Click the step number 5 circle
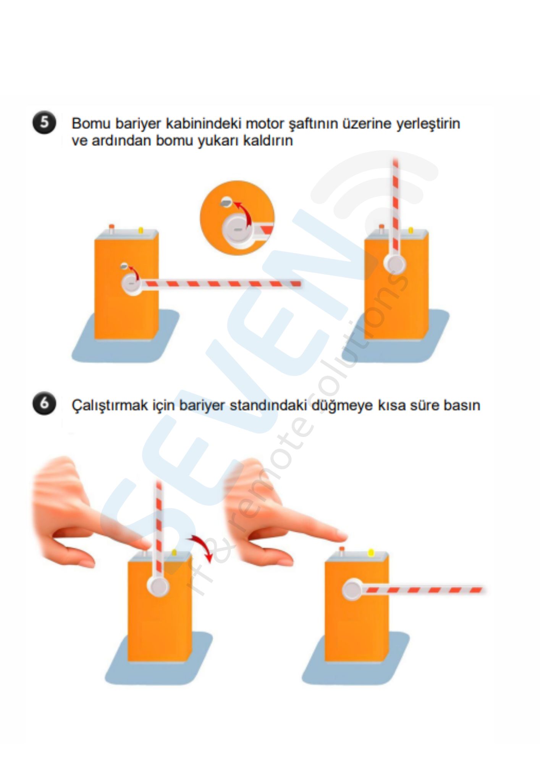[44, 122]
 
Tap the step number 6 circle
[44, 403]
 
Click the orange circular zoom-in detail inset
[237, 218]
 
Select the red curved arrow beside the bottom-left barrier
[201, 547]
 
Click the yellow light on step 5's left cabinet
[141, 230]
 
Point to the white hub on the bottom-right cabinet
[352, 589]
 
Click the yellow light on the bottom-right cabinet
[370, 552]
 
